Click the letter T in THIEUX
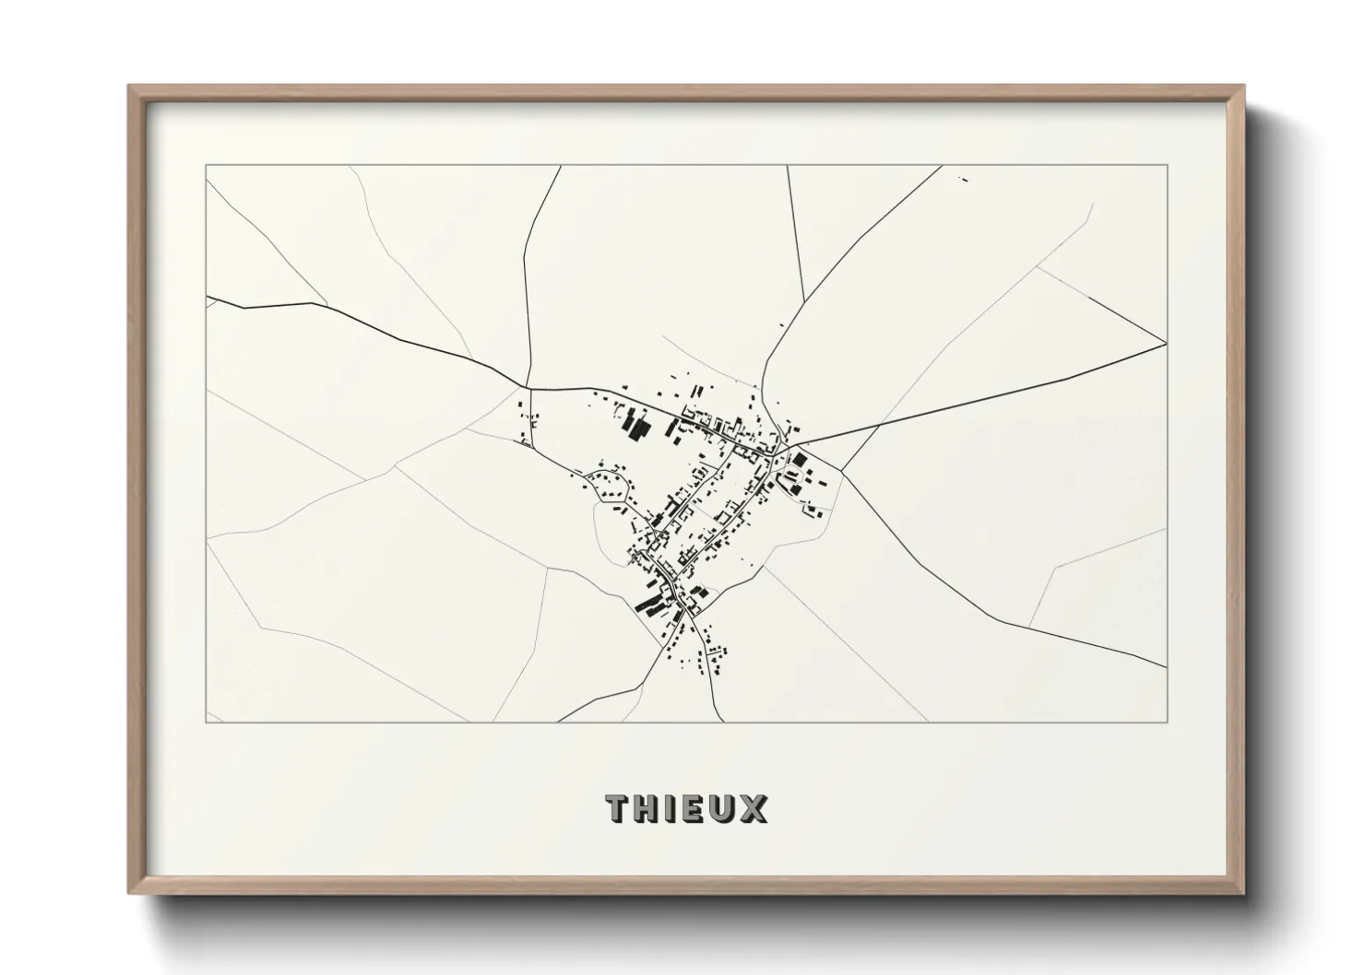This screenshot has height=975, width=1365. pos(618,808)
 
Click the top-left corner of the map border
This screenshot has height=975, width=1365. pos(207,165)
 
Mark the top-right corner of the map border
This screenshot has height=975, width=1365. pos(1168,165)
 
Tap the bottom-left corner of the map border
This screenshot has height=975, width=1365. pos(207,722)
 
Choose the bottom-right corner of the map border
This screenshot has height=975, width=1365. pos(1168,722)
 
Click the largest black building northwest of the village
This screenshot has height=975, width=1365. pos(635,427)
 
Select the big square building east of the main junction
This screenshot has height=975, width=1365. pos(800,460)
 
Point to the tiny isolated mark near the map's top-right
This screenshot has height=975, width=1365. pos(964,179)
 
